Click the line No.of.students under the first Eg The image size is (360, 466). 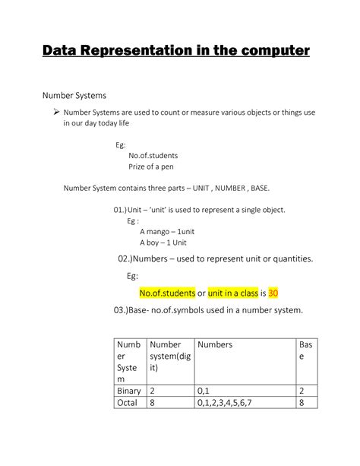pos(153,155)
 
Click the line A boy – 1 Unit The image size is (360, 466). pos(163,243)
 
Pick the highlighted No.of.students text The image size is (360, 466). pos(166,293)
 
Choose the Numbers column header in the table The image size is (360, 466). pos(215,344)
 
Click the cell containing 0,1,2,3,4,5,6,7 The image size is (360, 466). pos(229,403)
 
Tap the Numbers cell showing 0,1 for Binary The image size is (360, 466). pos(203,391)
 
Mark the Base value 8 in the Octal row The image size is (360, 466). pos(302,403)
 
